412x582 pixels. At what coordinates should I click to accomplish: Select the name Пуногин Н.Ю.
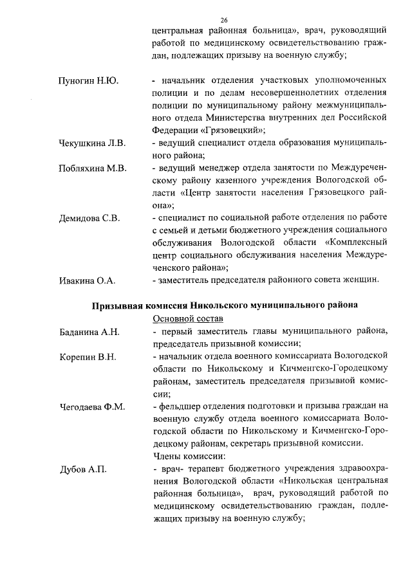click(x=85, y=81)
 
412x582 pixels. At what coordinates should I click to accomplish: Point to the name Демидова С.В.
click(x=88, y=218)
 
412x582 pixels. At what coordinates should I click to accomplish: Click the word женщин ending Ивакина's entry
click(x=368, y=280)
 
